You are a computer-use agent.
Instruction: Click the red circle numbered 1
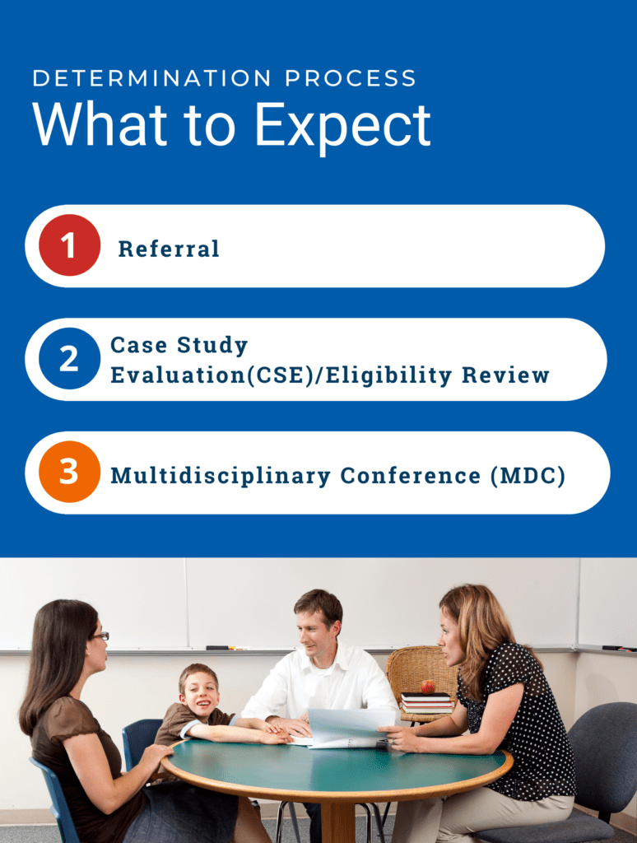click(x=69, y=245)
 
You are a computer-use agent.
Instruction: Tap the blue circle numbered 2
click(x=69, y=359)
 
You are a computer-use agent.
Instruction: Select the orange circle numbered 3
click(x=69, y=472)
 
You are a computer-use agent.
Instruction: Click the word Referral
click(x=169, y=249)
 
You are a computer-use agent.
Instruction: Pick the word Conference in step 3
click(x=411, y=476)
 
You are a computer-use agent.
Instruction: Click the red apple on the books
click(x=428, y=686)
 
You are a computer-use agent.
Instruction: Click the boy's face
click(x=200, y=690)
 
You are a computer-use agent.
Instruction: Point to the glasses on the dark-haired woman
click(x=100, y=636)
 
